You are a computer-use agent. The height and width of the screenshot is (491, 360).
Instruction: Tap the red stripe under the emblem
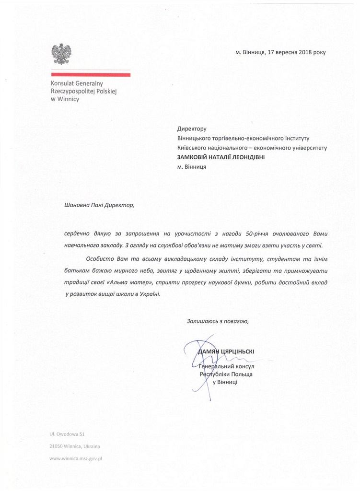[91, 74]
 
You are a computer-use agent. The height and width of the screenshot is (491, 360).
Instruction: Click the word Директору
[191, 129]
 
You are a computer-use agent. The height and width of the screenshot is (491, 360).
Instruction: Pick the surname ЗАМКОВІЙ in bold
[196, 157]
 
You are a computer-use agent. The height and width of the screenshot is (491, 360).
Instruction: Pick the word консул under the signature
[235, 366]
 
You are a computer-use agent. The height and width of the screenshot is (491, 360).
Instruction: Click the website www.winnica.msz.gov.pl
[77, 458]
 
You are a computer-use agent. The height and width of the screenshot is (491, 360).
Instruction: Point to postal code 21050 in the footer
[57, 446]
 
